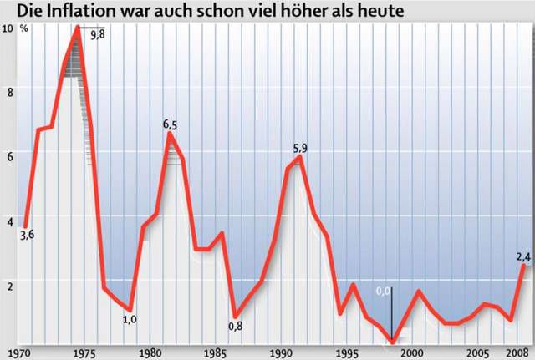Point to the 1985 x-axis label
coord(216,352)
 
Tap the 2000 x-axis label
coord(415,352)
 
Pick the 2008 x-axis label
coord(519,352)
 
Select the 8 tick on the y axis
coord(10,92)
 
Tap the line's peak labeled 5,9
coord(300,157)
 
